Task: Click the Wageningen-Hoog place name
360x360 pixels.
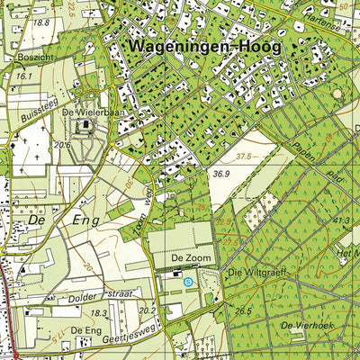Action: tap(203, 45)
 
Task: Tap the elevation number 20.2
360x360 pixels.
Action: tap(148, 310)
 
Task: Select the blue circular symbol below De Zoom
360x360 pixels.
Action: tap(188, 282)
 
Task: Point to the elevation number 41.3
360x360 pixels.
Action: tap(339, 220)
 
